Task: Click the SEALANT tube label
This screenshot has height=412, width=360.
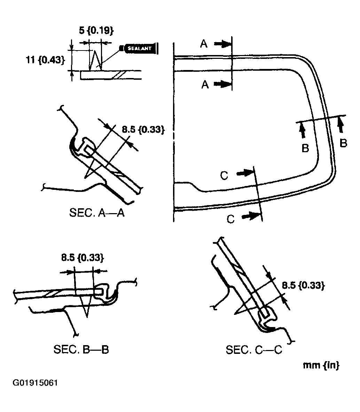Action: [x=139, y=48]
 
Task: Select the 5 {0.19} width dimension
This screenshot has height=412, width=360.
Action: [x=96, y=31]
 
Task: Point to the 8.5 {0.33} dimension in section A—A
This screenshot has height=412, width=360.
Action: [x=143, y=130]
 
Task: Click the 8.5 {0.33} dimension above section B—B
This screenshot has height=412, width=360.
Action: [x=83, y=258]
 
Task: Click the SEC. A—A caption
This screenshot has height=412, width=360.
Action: [x=97, y=213]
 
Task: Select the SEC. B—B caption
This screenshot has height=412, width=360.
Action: [x=81, y=349]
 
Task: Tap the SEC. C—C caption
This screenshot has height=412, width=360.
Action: [x=254, y=350]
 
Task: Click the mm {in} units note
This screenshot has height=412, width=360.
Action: [x=321, y=365]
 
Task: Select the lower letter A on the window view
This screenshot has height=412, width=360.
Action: [x=205, y=84]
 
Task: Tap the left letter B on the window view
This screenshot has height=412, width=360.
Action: [x=305, y=148]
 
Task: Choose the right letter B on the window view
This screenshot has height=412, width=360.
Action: [x=343, y=143]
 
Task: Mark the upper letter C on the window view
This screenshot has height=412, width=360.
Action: [x=224, y=176]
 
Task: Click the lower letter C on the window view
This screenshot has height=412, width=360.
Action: [x=230, y=219]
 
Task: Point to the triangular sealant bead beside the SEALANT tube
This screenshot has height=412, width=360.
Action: [x=95, y=62]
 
